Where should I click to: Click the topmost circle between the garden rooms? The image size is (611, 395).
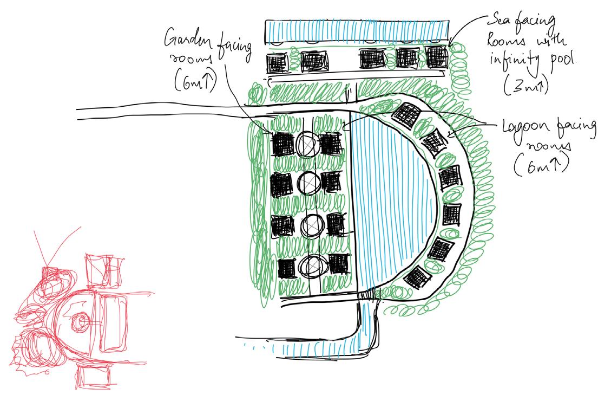pos(307,143)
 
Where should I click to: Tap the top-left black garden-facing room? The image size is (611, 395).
pos(281,144)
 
